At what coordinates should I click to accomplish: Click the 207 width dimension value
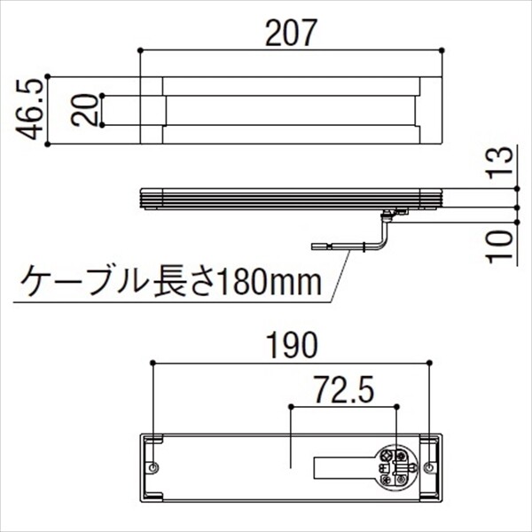point(291,33)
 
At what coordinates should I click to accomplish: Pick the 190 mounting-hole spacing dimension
point(293,345)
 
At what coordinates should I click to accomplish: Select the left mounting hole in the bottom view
point(155,466)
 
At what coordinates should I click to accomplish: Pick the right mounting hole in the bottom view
point(431,466)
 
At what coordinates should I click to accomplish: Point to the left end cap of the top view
point(153,109)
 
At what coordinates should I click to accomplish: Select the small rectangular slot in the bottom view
point(341,466)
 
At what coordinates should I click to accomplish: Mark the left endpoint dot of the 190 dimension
point(154,363)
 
